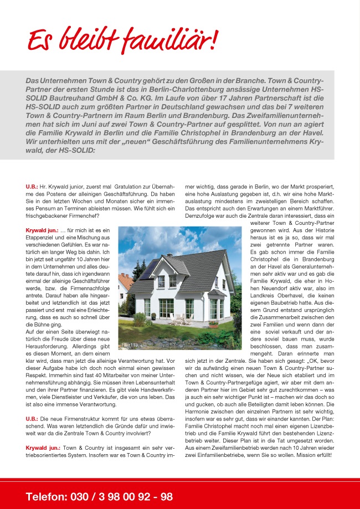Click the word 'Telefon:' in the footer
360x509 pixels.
(47, 497)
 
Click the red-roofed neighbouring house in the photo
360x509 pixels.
(124, 282)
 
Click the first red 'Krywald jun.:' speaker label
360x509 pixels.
(42, 230)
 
